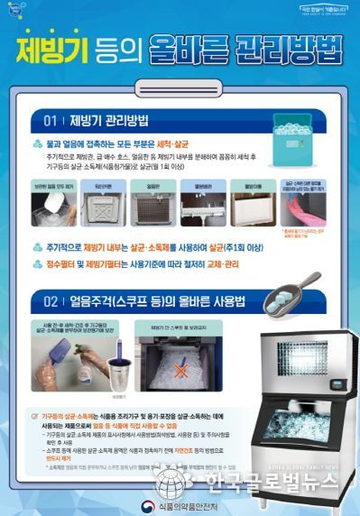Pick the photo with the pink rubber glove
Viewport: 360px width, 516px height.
coord(304,204)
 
